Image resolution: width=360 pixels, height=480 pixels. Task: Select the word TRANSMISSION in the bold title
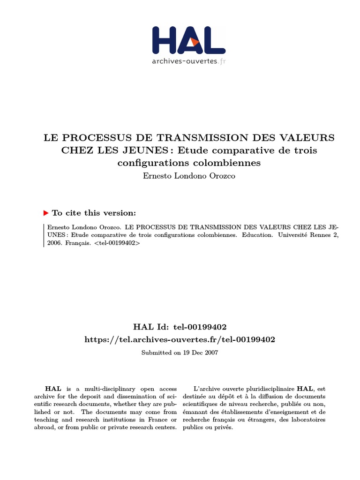(x=200, y=138)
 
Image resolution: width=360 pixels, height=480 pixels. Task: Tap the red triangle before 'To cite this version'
(x=46, y=213)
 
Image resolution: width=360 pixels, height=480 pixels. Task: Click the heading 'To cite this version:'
(x=94, y=213)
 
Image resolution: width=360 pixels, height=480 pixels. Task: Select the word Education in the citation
(x=257, y=235)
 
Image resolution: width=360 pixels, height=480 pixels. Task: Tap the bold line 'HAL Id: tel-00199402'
(x=180, y=326)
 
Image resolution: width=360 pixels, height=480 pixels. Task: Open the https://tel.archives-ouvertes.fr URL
(x=180, y=339)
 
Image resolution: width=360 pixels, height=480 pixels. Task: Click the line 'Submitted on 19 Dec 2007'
(x=180, y=352)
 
